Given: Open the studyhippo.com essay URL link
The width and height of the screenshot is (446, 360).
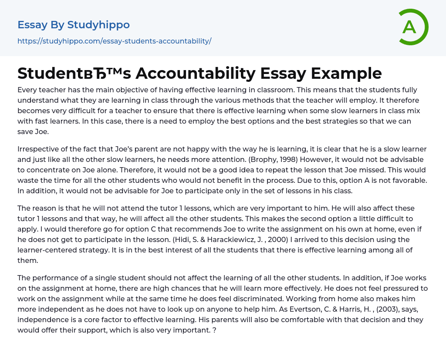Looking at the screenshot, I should pos(114,41).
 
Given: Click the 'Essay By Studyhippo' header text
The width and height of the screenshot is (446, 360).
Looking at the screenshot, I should pos(74,25).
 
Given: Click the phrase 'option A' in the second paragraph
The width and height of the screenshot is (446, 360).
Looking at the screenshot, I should pos(369,180).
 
